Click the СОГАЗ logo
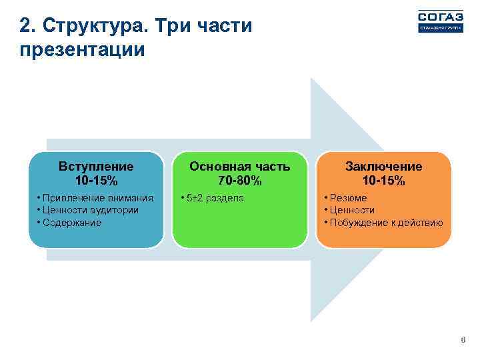point(440,21)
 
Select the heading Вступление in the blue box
point(96,166)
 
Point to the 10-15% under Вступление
point(96,181)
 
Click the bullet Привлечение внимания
point(97,198)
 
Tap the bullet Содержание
point(71,223)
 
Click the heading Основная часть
point(239,166)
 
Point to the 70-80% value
point(239,181)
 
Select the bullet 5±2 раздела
point(214,198)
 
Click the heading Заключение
point(383,166)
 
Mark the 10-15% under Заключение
point(383,181)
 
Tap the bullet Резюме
point(347,198)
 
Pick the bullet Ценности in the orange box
point(351,210)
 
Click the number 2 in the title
point(25,27)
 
